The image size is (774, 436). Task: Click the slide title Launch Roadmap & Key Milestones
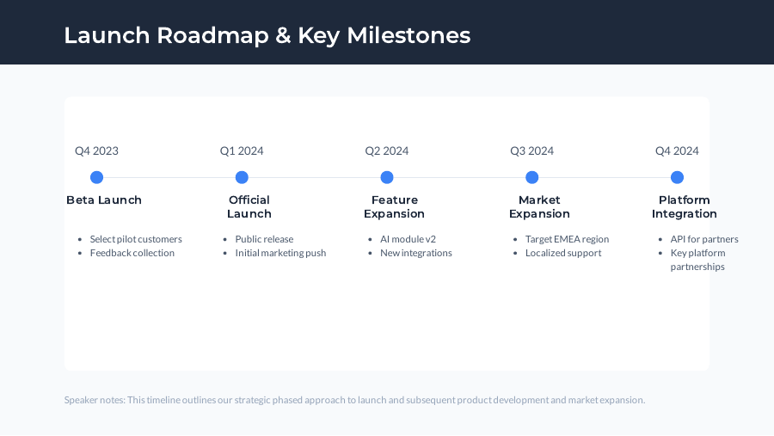coord(267,35)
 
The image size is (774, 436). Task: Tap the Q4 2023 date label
coord(96,150)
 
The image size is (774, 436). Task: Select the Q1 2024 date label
coord(242,150)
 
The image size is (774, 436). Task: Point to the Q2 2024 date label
coord(387,150)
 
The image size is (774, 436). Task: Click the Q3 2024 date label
coord(531,150)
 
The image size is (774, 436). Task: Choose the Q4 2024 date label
coord(677,150)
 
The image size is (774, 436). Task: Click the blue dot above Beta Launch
coord(96,177)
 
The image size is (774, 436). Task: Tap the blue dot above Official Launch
coord(242,177)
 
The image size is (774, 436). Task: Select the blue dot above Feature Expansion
coord(387,177)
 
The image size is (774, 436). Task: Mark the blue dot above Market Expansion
coord(531,177)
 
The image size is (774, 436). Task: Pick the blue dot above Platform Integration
coord(677,177)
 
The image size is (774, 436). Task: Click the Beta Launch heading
coord(104,200)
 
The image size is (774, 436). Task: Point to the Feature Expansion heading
coord(394,206)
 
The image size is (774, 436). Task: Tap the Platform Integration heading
coord(684,206)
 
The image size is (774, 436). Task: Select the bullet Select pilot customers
coord(136,239)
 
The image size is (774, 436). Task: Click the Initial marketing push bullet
coord(280,253)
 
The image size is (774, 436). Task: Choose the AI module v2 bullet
coord(408,239)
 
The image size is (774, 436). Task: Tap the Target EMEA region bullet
coord(567,239)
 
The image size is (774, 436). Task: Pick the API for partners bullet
coord(704,239)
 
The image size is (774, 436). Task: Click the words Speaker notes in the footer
coord(94,400)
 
